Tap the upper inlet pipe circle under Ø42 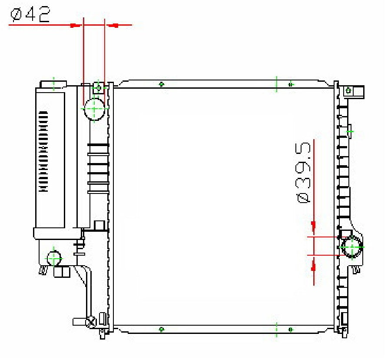tap(94, 108)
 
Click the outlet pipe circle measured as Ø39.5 tap(351, 247)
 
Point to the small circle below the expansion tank tap(54, 258)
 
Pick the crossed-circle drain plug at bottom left tap(92, 322)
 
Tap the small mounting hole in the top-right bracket tap(348, 91)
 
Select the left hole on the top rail tap(161, 84)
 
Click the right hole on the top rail tap(291, 84)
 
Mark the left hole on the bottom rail tap(161, 330)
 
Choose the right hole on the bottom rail tap(291, 330)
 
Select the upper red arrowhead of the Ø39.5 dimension tap(313, 225)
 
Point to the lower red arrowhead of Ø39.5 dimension tap(313, 267)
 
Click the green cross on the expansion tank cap tap(53, 83)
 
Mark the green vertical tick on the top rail tap(276, 83)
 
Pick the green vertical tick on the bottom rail tap(276, 330)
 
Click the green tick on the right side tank tap(349, 131)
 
